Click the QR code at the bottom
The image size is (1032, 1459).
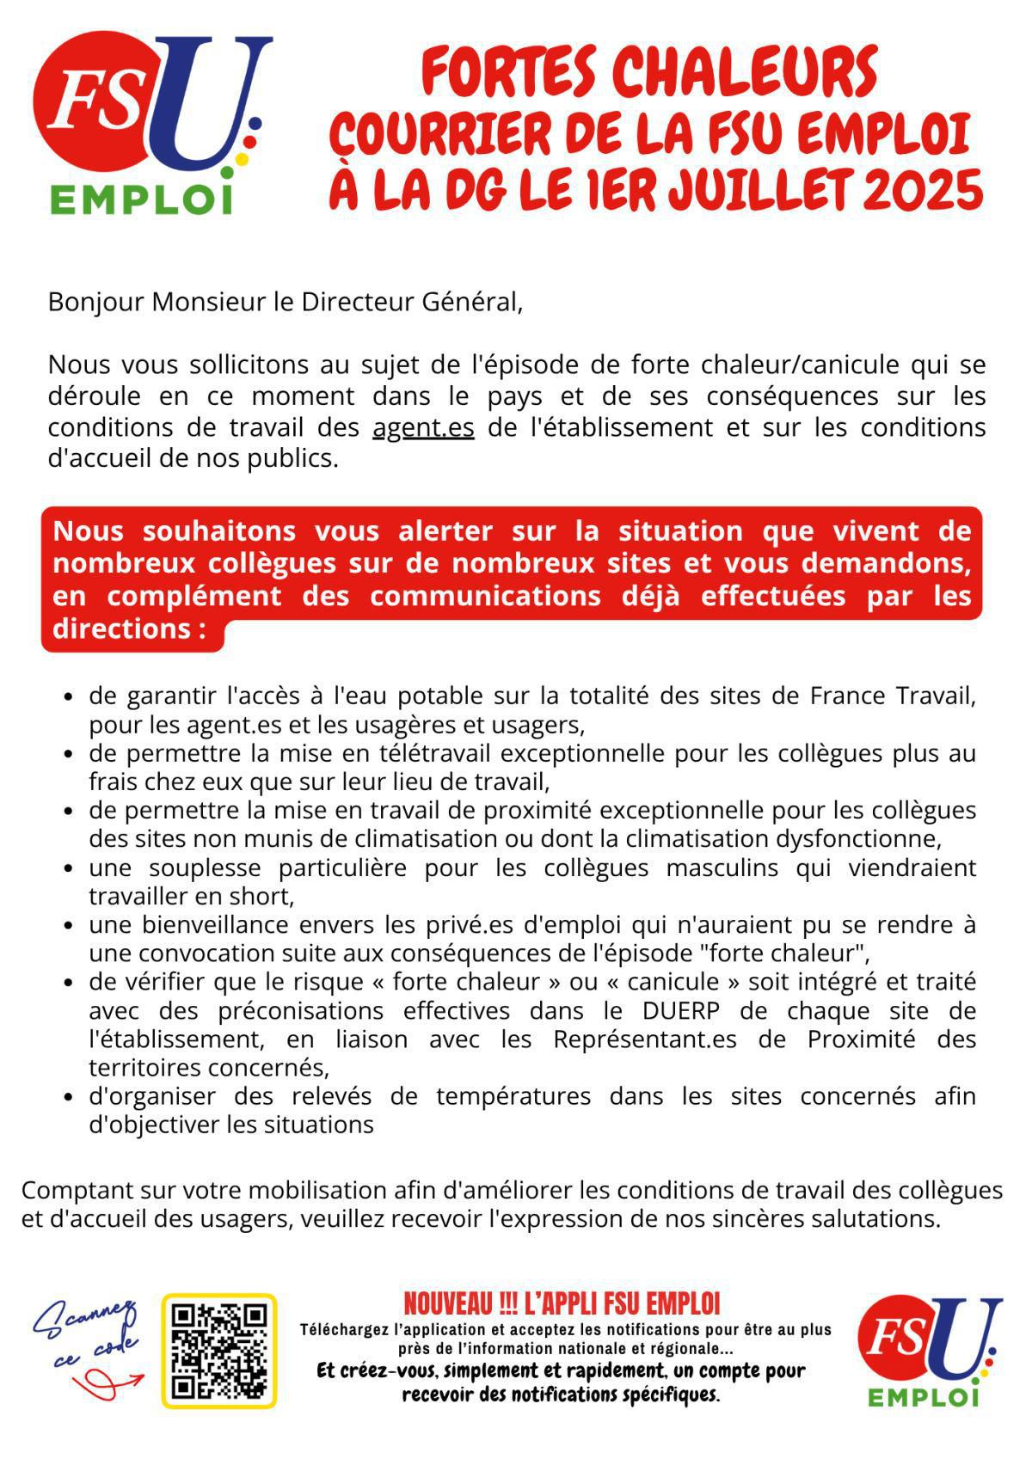[x=218, y=1351]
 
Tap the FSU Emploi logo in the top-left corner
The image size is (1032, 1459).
[x=146, y=120]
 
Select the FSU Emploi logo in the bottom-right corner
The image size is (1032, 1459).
[x=930, y=1351]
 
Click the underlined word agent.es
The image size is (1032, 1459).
[x=423, y=427]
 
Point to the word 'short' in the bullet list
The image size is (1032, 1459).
[x=265, y=897]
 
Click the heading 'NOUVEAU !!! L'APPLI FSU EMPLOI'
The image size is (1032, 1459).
[x=562, y=1303]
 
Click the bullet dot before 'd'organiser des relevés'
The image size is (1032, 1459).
[x=70, y=1098]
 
